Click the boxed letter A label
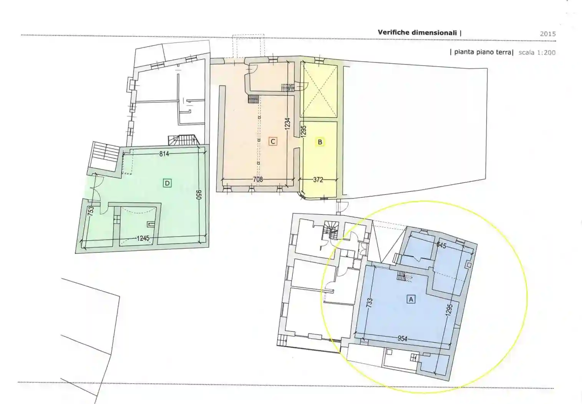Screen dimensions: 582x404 pos(411,299)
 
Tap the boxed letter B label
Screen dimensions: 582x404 pos(320,142)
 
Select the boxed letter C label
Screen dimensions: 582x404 pos(273,141)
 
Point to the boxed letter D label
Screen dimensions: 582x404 pos(167,183)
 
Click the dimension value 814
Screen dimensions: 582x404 pos(164,154)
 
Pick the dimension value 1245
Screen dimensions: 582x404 pos(143,238)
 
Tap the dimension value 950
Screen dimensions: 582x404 pos(199,195)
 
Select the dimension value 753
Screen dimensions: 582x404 pos(90,211)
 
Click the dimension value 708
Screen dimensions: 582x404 pos(258,179)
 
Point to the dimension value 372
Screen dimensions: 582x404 pos(318,180)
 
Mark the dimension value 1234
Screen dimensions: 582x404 pos(287,124)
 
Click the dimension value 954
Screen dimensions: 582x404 pos(403,339)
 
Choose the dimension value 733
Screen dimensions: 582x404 pos(369,303)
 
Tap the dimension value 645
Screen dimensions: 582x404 pos(441,245)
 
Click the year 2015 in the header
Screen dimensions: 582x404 pos(548,34)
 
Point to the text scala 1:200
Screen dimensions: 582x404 pos(537,53)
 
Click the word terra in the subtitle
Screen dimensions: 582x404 pos(504,52)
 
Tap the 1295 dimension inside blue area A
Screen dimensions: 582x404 pos(449,310)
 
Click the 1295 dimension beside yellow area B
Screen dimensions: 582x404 pos(303,131)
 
